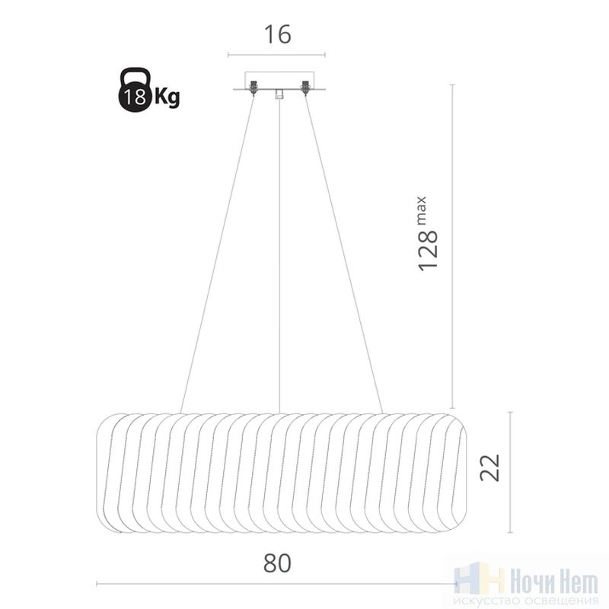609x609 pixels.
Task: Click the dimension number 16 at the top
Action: (x=277, y=34)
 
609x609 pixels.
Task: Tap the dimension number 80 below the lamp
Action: (x=277, y=563)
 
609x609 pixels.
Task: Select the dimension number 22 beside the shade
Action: (x=489, y=467)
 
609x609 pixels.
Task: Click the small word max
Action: (x=422, y=211)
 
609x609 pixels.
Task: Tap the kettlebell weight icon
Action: (x=135, y=90)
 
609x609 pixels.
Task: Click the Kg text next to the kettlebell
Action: (x=167, y=97)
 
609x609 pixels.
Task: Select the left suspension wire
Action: (x=217, y=253)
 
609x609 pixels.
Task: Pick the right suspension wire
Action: (x=344, y=253)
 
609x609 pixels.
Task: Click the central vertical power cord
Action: (x=279, y=256)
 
